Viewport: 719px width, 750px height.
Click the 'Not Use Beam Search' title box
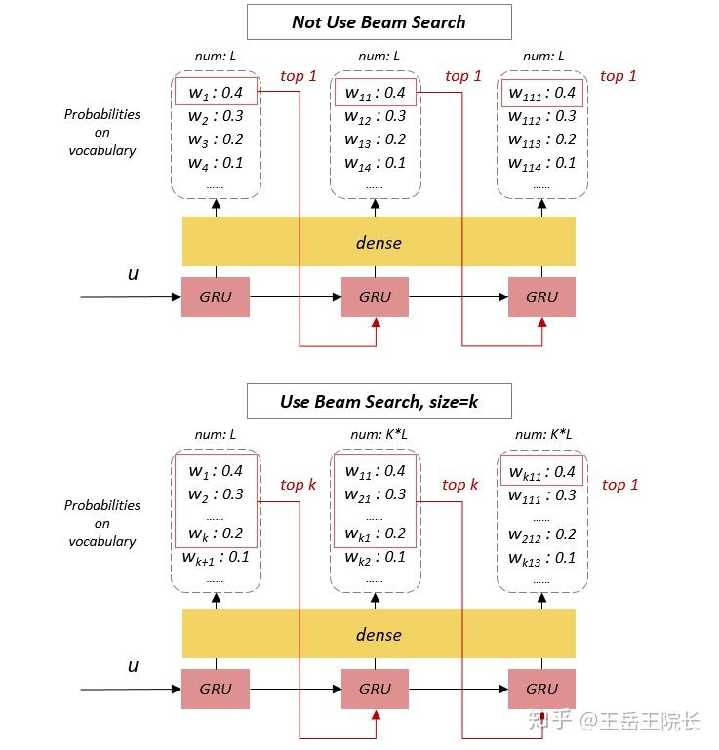[379, 21]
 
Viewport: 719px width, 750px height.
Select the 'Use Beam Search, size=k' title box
[379, 401]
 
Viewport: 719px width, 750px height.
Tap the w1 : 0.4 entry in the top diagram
[216, 93]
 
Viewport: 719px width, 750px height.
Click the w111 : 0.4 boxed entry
[541, 93]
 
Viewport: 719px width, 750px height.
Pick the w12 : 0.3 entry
[375, 116]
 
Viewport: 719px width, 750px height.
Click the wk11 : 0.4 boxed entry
[541, 472]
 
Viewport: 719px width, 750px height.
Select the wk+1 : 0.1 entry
[215, 557]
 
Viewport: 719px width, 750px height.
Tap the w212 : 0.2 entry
[541, 534]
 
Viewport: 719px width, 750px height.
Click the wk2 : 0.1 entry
[375, 557]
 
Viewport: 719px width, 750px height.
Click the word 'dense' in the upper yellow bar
[379, 242]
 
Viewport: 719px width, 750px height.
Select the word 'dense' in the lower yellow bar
[379, 634]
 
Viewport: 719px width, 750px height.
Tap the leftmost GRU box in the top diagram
[216, 297]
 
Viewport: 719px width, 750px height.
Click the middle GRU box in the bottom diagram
[375, 689]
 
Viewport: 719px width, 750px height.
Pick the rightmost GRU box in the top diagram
[541, 297]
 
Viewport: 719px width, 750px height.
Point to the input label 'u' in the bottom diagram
[134, 666]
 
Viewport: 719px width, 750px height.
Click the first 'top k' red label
[298, 485]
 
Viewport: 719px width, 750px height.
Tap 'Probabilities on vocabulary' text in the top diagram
[102, 132]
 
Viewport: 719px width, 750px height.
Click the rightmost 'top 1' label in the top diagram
[619, 76]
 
